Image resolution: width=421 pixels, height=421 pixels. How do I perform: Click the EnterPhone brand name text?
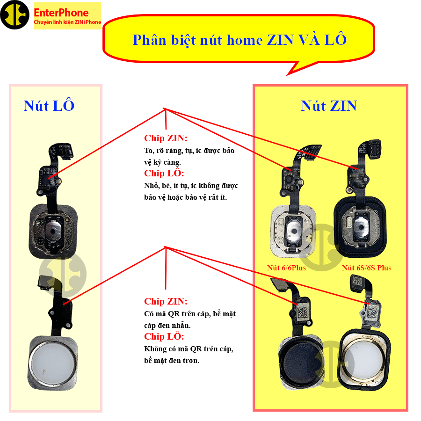pyautogui.click(x=61, y=13)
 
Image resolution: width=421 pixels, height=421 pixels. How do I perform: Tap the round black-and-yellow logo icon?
pyautogui.click(x=15, y=15)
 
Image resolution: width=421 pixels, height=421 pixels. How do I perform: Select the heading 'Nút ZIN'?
pyautogui.click(x=329, y=106)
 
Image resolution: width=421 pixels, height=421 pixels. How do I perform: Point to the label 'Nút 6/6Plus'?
pyautogui.click(x=286, y=268)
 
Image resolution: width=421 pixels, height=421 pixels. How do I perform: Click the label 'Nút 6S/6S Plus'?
pyautogui.click(x=366, y=268)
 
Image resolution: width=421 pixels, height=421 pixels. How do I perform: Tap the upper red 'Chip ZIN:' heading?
pyautogui.click(x=166, y=138)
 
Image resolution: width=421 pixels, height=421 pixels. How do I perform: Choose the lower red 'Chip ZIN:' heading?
pyautogui.click(x=166, y=301)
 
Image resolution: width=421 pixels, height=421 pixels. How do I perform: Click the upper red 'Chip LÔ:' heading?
pyautogui.click(x=164, y=173)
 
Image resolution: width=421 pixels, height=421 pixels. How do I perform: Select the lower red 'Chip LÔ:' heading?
pyautogui.click(x=164, y=336)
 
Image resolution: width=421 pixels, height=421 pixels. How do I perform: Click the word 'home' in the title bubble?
pyautogui.click(x=244, y=40)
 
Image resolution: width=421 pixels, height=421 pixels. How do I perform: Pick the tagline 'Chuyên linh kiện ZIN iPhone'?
pyautogui.click(x=67, y=22)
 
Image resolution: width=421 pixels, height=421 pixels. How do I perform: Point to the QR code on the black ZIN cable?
pyautogui.click(x=303, y=312)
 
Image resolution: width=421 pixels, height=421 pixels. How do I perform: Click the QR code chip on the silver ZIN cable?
pyautogui.click(x=373, y=312)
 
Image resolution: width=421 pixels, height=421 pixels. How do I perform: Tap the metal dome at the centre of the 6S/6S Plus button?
pyautogui.click(x=362, y=227)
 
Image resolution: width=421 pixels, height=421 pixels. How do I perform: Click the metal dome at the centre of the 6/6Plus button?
pyautogui.click(x=294, y=230)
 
